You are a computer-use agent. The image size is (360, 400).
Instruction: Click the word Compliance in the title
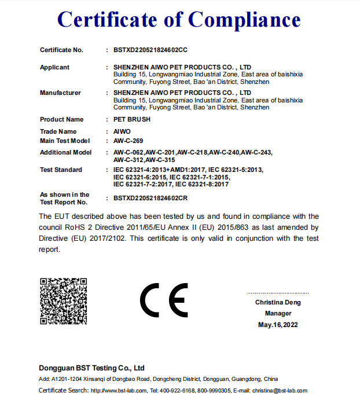pos(244,20)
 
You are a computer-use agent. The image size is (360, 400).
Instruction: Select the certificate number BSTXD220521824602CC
pos(150,50)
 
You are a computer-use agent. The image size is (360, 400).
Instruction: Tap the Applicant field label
pos(54,67)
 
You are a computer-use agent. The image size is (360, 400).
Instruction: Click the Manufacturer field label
pos(60,93)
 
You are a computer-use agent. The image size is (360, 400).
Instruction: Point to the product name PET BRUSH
pos(132,119)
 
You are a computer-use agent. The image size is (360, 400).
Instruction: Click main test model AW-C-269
pos(128,141)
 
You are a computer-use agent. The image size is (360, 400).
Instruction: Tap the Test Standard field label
pos(61,170)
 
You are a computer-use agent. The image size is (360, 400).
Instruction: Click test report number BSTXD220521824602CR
pos(150,198)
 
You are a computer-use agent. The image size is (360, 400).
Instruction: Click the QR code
pos(64,301)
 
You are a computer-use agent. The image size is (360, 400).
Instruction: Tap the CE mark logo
pos(164,300)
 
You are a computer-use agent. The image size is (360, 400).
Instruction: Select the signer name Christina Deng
pos(278,302)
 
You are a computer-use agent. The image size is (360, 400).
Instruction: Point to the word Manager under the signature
pos(278,313)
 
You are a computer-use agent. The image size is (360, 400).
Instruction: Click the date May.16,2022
pos(278,325)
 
